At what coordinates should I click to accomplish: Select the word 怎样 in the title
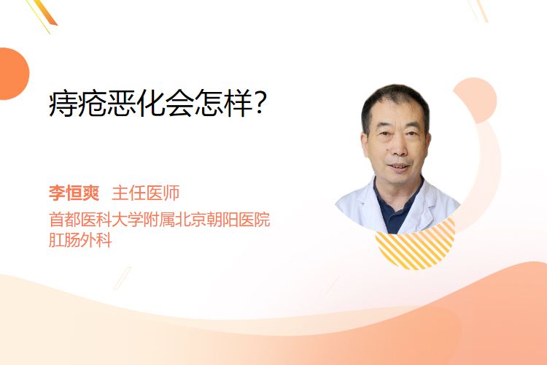(223, 104)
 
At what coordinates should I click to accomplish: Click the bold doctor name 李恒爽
(74, 193)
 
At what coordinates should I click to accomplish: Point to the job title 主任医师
(145, 193)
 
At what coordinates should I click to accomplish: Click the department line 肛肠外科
(80, 240)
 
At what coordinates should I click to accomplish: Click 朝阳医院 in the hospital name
(238, 220)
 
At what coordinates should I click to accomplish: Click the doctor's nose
(398, 148)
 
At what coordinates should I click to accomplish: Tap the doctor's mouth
(398, 167)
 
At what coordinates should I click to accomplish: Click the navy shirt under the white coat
(394, 213)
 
